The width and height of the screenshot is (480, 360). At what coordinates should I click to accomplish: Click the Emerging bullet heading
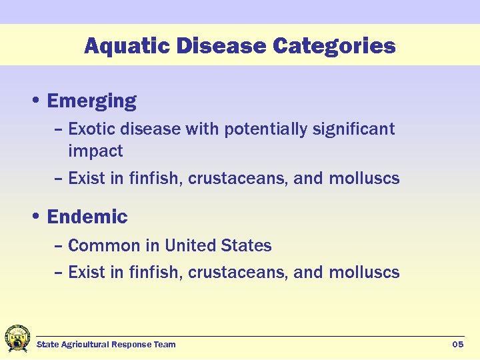(92, 101)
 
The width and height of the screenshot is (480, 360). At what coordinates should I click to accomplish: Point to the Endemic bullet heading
(87, 217)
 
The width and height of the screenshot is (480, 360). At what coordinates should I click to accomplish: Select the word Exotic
(90, 129)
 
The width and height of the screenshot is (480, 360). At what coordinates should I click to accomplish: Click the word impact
(95, 151)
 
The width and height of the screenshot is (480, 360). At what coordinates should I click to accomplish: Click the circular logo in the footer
(17, 339)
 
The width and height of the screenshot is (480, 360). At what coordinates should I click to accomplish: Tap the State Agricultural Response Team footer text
(106, 345)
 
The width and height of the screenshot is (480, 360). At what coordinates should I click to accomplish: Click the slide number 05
(457, 345)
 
